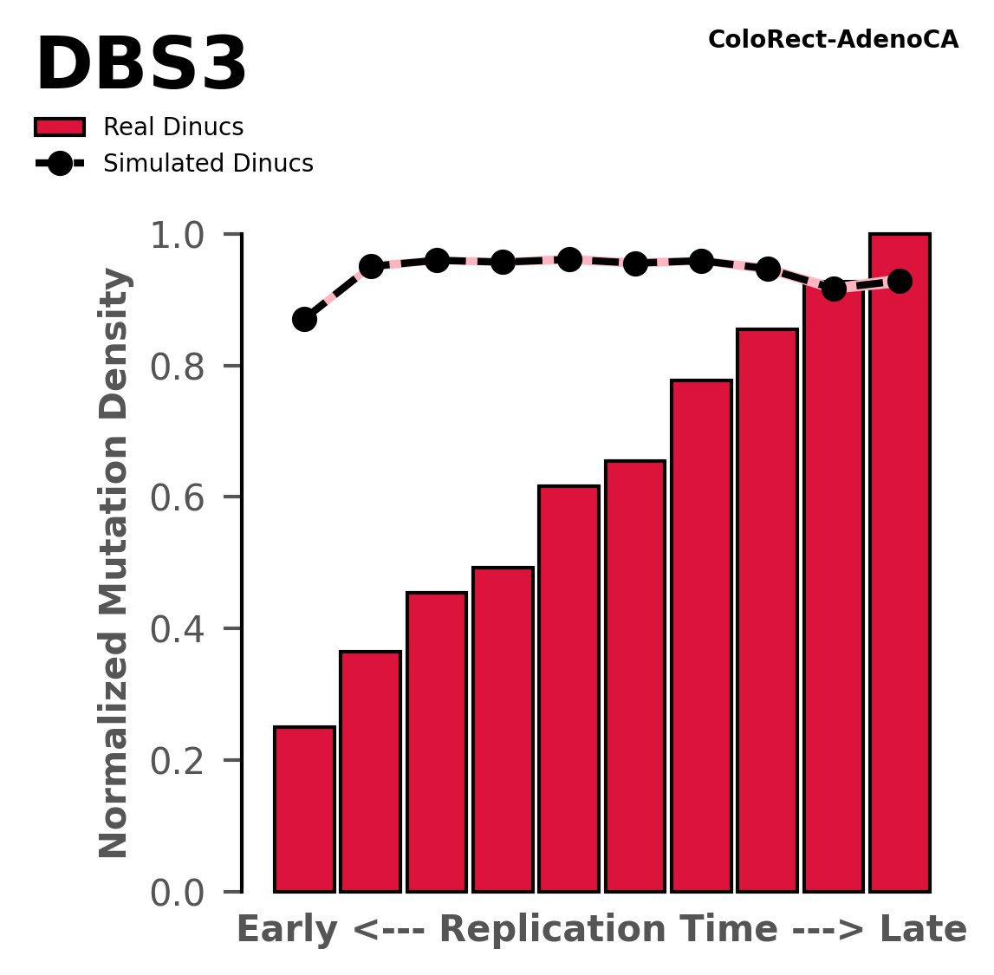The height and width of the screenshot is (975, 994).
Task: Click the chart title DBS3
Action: click(141, 67)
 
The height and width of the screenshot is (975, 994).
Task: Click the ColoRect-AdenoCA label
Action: click(833, 40)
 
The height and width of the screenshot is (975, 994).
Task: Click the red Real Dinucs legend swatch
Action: click(60, 127)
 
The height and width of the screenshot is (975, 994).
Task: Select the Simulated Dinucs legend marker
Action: click(60, 164)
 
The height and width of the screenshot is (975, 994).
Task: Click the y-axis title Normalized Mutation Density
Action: click(114, 563)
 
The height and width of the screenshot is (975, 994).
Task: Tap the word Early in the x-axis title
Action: click(286, 930)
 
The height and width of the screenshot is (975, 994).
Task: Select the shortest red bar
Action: click(304, 809)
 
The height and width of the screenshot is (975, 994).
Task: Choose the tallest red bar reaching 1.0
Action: click(900, 563)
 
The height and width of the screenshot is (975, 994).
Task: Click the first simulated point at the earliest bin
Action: click(304, 319)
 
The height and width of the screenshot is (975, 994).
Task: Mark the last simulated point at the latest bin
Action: click(900, 281)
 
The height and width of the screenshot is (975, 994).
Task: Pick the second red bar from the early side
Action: click(370, 771)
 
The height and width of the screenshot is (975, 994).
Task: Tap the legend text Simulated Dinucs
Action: click(208, 164)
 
